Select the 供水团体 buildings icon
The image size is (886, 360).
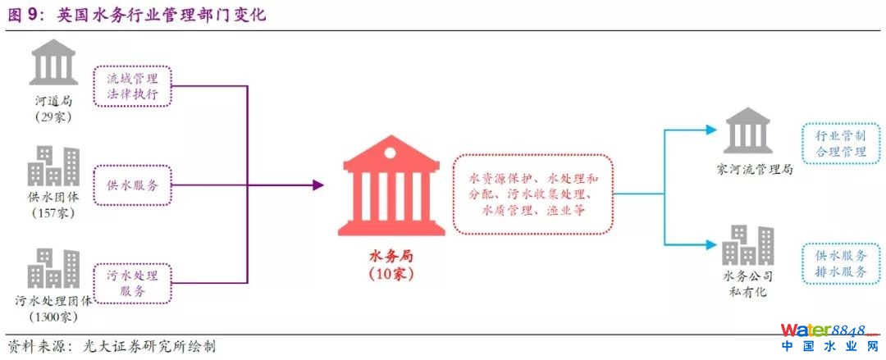(x=53, y=166)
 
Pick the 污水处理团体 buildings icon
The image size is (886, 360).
(x=53, y=269)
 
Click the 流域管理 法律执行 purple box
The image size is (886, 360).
(x=132, y=87)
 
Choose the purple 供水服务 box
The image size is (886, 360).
(x=132, y=185)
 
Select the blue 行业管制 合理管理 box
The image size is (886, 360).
(x=841, y=144)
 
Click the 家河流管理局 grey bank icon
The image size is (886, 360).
(x=748, y=131)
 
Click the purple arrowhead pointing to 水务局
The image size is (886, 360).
(x=318, y=185)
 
